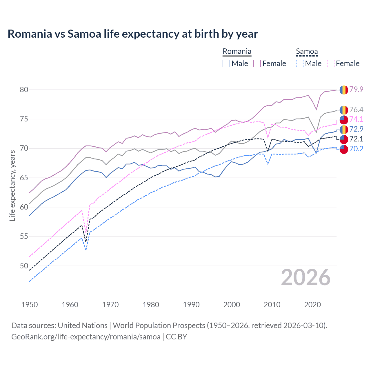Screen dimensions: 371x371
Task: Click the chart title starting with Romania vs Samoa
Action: coord(133,34)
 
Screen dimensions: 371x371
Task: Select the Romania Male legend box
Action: coord(226,63)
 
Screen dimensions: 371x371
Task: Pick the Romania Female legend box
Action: coord(257,63)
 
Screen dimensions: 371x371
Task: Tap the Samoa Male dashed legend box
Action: coord(300,63)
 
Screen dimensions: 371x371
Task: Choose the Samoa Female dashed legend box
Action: coord(330,63)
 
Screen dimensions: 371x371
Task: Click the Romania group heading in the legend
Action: coord(237,52)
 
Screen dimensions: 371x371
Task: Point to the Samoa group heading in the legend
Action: coord(307,52)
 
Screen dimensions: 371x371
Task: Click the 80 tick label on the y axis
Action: coord(24,90)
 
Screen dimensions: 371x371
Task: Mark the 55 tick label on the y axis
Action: coord(24,236)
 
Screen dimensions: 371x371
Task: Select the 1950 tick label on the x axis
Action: coord(30,305)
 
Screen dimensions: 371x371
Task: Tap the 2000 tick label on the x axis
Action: coord(232,305)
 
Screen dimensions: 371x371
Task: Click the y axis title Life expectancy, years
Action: coord(12,185)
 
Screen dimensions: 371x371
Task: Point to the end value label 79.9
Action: coord(356,89)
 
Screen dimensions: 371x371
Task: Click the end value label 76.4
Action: coord(356,110)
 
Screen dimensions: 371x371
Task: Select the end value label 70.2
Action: coord(356,149)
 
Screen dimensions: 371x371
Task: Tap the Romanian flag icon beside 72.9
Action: coord(344,129)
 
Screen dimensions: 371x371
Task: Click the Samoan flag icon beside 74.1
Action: coord(344,119)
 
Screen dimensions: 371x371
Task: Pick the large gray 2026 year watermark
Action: coord(305,277)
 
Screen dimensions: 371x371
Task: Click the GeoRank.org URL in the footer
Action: coord(86,337)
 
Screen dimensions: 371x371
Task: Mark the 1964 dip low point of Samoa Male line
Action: coord(86,250)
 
